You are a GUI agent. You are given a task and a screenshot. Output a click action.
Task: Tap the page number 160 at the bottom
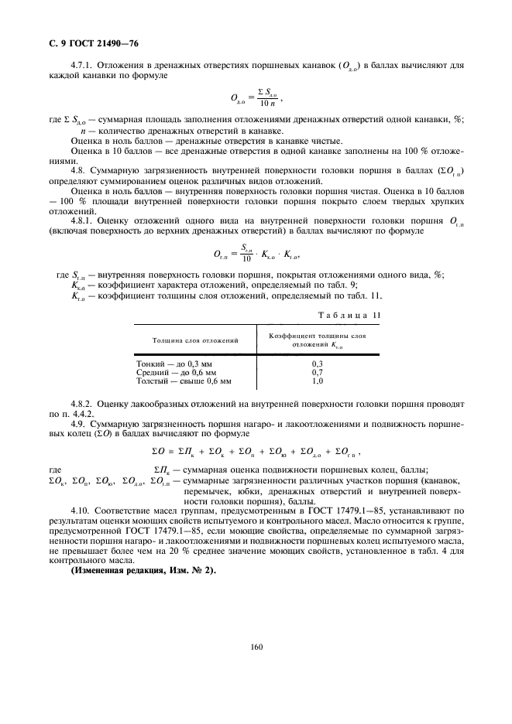click(x=257, y=648)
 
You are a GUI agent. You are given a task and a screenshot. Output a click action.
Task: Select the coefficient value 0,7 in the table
click(x=317, y=372)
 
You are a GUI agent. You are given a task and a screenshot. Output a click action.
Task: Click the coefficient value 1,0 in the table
click(x=317, y=381)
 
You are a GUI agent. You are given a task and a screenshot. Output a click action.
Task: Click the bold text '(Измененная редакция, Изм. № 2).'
click(x=143, y=550)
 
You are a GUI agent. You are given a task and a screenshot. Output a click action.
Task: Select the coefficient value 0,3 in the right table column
click(x=317, y=363)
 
